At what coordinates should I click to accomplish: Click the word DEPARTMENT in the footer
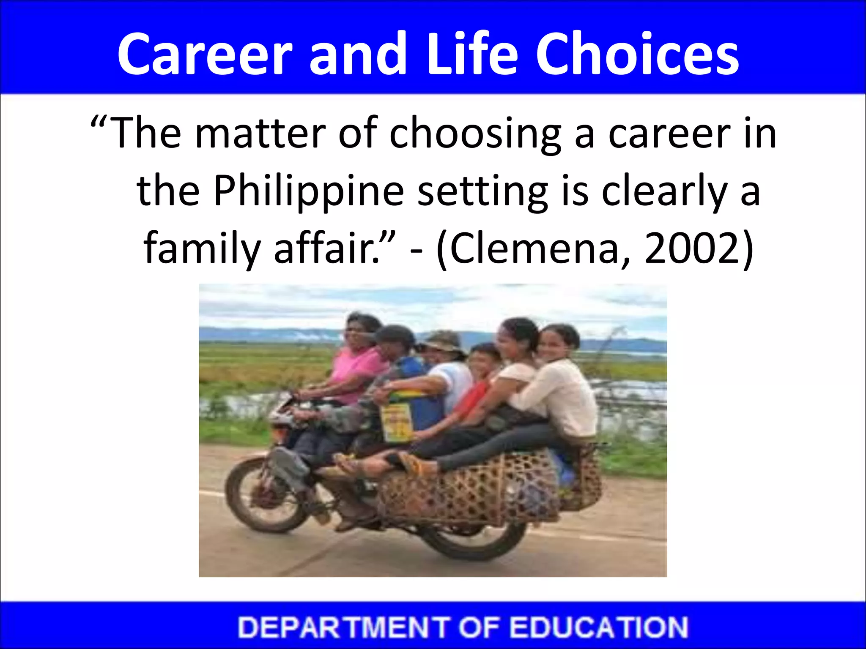tap(343, 627)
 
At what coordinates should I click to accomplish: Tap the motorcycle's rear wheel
tap(478, 537)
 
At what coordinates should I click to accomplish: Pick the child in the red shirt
tap(478, 380)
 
